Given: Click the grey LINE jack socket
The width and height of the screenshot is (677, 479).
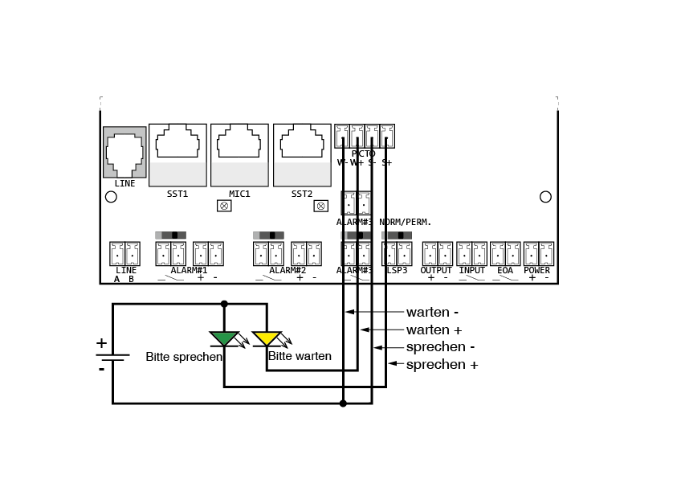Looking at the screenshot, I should pos(124,153).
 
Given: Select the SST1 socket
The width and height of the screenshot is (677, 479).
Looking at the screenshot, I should pos(177,145).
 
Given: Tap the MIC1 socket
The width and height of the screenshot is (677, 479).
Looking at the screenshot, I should pos(239,145).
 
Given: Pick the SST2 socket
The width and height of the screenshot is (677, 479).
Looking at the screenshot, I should pos(302,145).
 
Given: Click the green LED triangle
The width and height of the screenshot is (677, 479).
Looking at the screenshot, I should pos(224,338).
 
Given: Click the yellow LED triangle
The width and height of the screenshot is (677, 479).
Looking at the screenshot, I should pos(267,338).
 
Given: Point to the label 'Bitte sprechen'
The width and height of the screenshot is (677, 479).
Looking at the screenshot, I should pos(183,356).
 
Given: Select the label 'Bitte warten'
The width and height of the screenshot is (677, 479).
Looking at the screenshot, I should pos(300,356).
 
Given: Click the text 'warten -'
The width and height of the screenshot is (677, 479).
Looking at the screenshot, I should pos(432,312).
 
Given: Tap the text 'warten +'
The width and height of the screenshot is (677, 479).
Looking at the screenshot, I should pos(434,330).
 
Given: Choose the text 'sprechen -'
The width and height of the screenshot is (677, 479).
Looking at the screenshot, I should pos(440,347).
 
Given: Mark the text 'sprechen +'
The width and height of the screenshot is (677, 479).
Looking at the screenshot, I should pos(442,365).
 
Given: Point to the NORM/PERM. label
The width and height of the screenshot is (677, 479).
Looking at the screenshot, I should pos(406,222).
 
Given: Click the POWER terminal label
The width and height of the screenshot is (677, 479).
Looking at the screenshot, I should pos(536,271).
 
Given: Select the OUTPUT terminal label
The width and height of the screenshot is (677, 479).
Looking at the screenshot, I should pos(436,271).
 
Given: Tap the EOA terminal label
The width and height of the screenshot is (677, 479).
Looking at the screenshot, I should pos(505,271).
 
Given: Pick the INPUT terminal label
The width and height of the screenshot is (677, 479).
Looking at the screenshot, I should pos(471,271).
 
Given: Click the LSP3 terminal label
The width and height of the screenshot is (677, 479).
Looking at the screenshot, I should pos(397,271).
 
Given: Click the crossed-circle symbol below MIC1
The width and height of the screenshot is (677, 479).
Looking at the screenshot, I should pos(224,206).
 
